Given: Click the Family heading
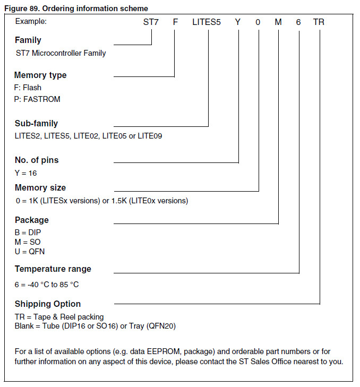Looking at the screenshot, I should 28,40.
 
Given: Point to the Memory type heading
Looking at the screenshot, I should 40,75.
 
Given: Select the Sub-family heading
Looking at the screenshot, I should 36,124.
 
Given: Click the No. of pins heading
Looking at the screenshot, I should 37,160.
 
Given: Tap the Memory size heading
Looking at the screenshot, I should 40,188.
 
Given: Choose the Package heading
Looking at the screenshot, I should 31,220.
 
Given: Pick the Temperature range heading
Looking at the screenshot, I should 53,269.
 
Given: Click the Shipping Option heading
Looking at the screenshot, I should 48,304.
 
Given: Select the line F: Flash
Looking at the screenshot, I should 28,88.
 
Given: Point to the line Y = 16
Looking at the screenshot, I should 25,173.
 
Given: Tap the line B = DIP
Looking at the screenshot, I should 28,233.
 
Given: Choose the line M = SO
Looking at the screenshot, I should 28,242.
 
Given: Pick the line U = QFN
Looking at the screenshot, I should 29,252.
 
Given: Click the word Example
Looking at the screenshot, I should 31,22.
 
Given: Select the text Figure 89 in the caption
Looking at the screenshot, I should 20,8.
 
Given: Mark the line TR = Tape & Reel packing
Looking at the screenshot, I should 59,317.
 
